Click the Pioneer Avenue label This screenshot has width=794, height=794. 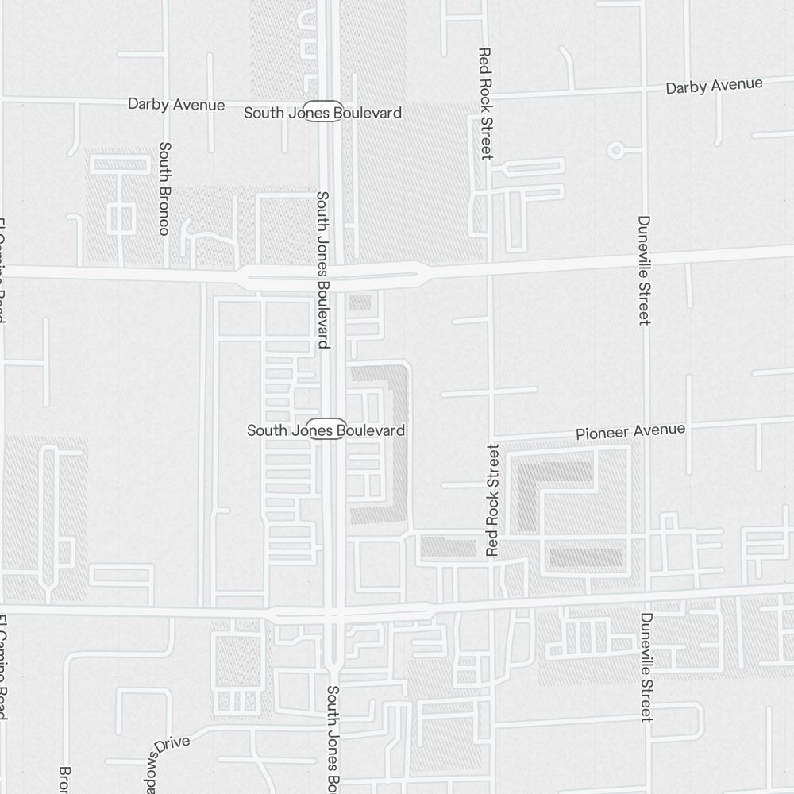630,431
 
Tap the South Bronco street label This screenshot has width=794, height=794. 164,188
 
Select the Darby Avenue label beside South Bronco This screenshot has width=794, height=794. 176,104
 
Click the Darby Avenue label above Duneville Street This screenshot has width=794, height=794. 714,86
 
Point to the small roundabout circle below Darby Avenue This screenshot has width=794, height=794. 615,149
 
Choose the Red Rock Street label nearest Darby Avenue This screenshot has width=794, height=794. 486,103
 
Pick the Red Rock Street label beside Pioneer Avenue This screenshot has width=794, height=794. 493,499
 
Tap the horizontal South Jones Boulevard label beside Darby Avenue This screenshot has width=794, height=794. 322,113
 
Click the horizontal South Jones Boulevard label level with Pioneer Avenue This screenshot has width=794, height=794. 326,430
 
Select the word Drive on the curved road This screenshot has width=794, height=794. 172,744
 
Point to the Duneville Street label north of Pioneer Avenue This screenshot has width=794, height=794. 644,270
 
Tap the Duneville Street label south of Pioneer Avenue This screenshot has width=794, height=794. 646,667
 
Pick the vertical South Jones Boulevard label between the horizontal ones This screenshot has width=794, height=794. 322,269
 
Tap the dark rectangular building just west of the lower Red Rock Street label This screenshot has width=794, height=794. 447,546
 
